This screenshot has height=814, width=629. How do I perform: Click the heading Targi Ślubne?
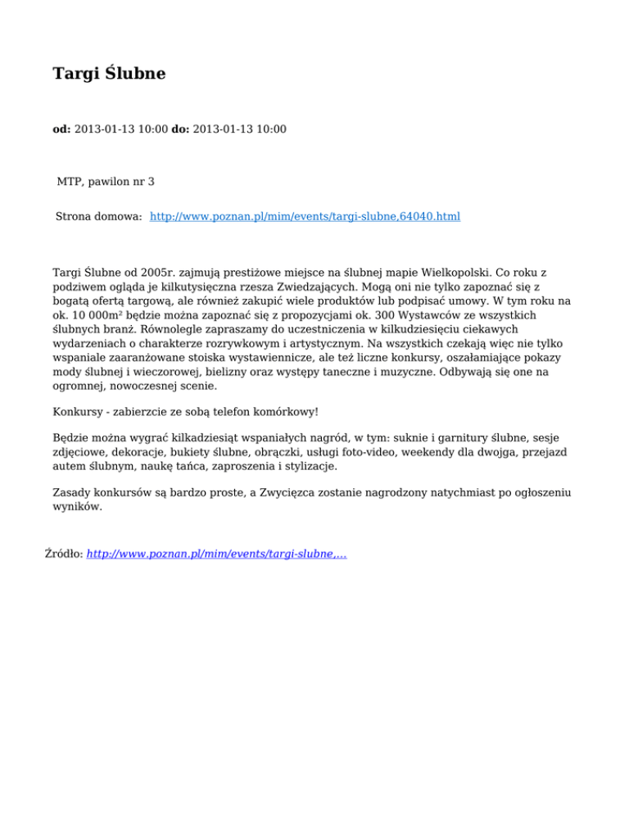109,74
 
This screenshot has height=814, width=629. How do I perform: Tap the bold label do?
180,129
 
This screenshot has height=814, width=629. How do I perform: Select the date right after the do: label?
240,129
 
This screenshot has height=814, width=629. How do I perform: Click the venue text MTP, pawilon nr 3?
106,181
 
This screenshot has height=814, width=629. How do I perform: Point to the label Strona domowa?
99,217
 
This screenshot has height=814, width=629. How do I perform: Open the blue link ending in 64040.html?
305,217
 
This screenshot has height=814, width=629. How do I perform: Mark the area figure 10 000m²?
106,315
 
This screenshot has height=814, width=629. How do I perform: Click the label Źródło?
63,554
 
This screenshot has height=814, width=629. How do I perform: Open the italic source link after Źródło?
216,554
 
